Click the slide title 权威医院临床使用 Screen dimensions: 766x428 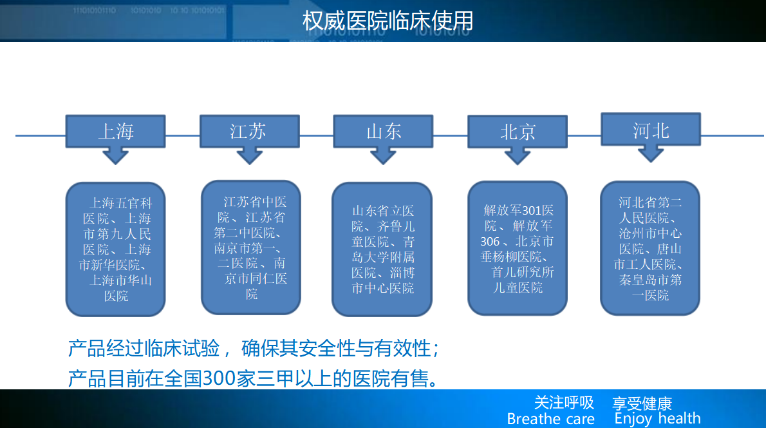(388, 21)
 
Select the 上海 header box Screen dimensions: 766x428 (116, 131)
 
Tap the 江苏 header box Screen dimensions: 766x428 (250, 131)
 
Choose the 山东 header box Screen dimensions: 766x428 (383, 131)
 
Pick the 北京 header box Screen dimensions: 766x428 (518, 131)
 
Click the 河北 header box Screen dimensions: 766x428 (651, 130)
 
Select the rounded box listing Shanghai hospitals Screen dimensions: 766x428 (116, 249)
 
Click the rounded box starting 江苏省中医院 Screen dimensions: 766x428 (251, 248)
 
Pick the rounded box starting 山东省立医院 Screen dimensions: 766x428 (382, 249)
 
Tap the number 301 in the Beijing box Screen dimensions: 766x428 (531, 211)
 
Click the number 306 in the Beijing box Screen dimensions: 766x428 (490, 242)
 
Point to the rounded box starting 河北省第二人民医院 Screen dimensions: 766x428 (650, 248)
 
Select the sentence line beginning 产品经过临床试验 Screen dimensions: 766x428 (254, 349)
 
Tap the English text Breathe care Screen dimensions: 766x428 (550, 419)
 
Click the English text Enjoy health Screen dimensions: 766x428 (658, 419)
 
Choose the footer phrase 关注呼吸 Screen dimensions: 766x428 (565, 403)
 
